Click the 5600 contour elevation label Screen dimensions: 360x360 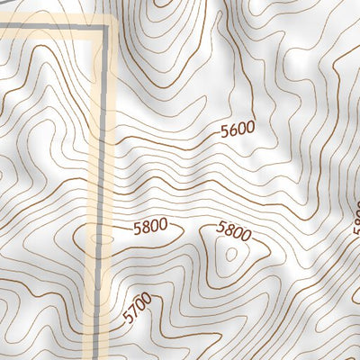238,130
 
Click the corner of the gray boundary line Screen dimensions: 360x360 105,28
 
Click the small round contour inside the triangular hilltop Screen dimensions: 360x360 230,255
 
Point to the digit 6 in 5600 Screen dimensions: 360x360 233,130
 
